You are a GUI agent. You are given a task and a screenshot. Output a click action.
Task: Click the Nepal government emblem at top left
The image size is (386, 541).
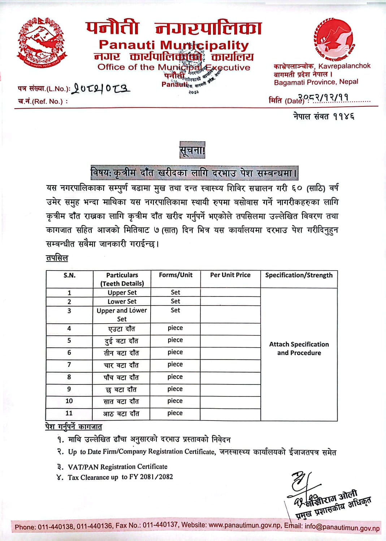click(43, 43)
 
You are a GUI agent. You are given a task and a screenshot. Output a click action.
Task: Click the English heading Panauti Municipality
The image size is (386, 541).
click(174, 45)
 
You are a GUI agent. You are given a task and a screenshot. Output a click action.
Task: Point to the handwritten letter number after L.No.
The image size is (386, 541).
click(101, 88)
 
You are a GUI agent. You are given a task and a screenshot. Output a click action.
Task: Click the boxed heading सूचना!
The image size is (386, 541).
click(192, 150)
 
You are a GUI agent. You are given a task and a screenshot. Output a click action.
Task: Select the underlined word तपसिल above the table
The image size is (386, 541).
click(57, 258)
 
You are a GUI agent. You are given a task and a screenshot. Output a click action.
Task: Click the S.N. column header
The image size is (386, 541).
click(69, 276)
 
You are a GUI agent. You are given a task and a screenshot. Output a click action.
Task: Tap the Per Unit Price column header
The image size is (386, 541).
click(230, 275)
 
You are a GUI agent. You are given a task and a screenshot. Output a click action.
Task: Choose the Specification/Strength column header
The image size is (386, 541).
click(299, 275)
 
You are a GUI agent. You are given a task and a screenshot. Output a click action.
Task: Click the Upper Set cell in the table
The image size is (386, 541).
click(122, 293)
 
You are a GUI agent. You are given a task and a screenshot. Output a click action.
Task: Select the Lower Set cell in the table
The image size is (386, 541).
click(122, 302)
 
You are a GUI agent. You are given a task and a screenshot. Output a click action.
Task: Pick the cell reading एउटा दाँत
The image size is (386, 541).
click(122, 329)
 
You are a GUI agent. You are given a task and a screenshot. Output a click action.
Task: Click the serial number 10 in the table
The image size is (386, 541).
click(69, 401)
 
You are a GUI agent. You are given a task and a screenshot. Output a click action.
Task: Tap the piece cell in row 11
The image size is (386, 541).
click(175, 413)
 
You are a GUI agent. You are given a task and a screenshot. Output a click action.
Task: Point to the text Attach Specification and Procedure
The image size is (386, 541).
click(299, 348)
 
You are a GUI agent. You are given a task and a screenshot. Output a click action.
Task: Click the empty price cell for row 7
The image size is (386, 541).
click(230, 365)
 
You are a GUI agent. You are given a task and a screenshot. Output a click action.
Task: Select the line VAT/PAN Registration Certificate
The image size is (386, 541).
click(118, 467)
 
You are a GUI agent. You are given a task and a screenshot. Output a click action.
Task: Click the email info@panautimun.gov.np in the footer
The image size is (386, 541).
click(342, 527)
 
